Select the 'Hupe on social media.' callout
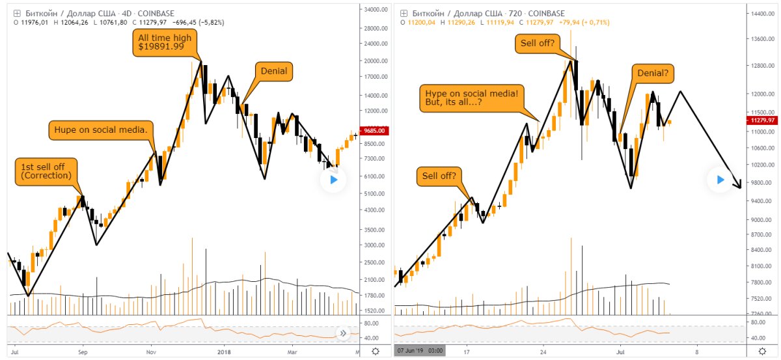tap(101, 130)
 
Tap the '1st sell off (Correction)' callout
tap(46, 171)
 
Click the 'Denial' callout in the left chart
tap(273, 71)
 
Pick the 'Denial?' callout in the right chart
tap(651, 74)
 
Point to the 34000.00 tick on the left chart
tap(374, 10)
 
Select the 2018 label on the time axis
tap(223, 352)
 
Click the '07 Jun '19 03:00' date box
tap(420, 352)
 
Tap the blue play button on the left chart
tap(333, 180)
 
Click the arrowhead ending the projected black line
tap(739, 186)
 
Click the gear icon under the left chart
tap(375, 352)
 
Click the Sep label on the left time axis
tap(83, 352)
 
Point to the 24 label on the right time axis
tap(542, 352)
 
